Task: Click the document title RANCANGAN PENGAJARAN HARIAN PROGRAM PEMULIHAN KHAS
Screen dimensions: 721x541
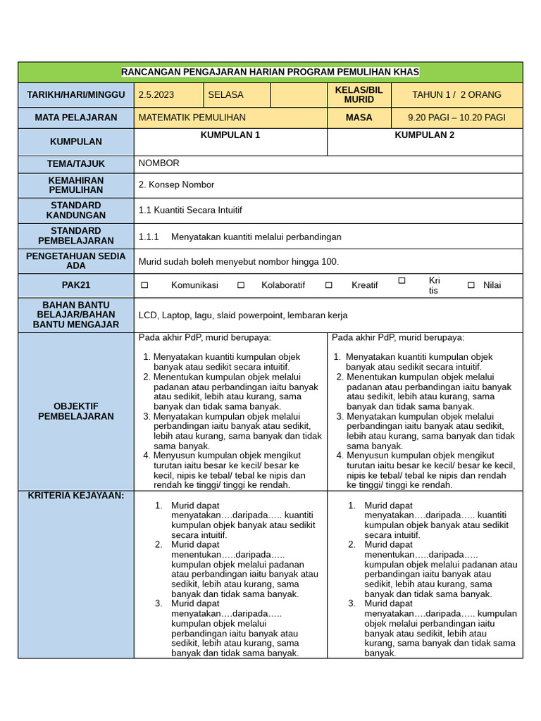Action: pyautogui.click(x=270, y=72)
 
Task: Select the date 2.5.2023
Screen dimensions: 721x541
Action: pyautogui.click(x=156, y=94)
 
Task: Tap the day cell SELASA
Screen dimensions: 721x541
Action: pyautogui.click(x=225, y=94)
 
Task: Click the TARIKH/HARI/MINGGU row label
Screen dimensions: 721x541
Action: pyautogui.click(x=76, y=94)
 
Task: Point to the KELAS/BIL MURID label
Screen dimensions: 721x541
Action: pyautogui.click(x=359, y=94)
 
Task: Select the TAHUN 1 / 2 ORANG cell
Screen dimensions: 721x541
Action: pyautogui.click(x=456, y=94)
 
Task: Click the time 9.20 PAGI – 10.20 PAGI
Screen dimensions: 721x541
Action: pyautogui.click(x=456, y=118)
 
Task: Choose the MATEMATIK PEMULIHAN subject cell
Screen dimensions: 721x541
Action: pyautogui.click(x=192, y=118)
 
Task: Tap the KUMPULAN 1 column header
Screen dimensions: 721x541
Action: pyautogui.click(x=230, y=135)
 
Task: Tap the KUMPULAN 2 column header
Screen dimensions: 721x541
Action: pyautogui.click(x=424, y=135)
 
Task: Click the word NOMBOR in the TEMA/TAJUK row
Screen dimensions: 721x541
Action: pyautogui.click(x=159, y=163)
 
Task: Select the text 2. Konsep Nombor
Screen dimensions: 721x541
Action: pyautogui.click(x=176, y=185)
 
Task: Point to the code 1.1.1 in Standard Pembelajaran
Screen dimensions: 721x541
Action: pyautogui.click(x=149, y=237)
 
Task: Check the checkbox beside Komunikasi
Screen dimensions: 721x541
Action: pyautogui.click(x=144, y=285)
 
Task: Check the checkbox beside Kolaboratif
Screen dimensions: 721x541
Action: pyautogui.click(x=241, y=285)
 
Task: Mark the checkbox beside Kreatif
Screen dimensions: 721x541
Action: pyautogui.click(x=329, y=285)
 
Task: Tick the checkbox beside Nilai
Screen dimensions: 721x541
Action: pyautogui.click(x=471, y=285)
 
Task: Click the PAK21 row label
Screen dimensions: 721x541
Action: pyautogui.click(x=76, y=285)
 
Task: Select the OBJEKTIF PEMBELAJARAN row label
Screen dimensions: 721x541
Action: pyautogui.click(x=76, y=411)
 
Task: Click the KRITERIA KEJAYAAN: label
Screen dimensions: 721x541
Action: pyautogui.click(x=76, y=496)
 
